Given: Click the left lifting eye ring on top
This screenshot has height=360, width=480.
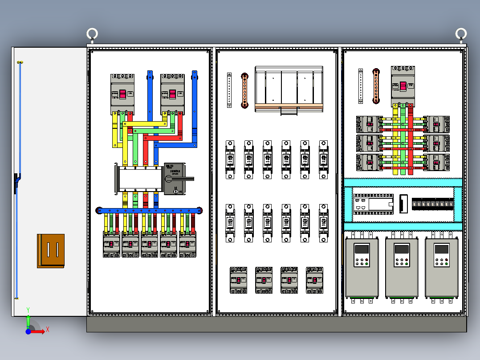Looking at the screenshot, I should click(92, 34).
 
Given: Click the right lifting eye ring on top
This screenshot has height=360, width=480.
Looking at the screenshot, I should click(461, 34).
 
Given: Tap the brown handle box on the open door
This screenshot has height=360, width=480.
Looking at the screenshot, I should click(51, 251).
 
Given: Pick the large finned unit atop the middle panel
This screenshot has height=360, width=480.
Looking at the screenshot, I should click(289, 89).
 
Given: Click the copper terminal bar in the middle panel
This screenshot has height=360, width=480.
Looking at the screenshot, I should click(244, 90).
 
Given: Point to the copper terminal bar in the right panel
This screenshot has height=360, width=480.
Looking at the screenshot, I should click(376, 86).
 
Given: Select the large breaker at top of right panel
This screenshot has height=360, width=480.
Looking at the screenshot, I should click(403, 86).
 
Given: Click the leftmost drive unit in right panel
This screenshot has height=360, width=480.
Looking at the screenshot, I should click(362, 268).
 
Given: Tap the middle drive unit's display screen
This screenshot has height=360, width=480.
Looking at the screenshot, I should click(402, 250).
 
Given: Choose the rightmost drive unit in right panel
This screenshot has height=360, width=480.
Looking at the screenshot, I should click(442, 268).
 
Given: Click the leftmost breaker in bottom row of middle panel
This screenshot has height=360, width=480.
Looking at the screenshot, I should click(238, 280).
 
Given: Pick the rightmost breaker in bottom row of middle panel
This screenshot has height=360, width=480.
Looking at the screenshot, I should click(315, 280).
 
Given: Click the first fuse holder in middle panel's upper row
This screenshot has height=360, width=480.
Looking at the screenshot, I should click(230, 160).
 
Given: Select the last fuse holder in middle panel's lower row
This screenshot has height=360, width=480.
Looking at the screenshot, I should click(324, 223).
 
